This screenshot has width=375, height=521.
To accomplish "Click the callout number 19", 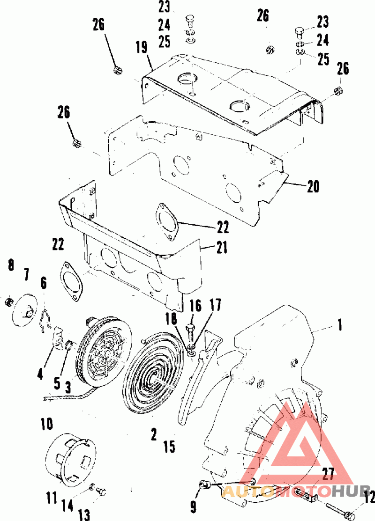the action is [142, 47].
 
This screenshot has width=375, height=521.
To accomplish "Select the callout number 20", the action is [313, 187].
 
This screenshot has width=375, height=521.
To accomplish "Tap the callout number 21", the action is [222, 247].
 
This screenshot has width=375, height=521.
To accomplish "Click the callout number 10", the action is [47, 424].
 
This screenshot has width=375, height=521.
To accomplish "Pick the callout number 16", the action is [196, 306].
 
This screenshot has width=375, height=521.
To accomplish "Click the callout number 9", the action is [193, 507].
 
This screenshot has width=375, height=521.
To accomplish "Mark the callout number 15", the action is [169, 447].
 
